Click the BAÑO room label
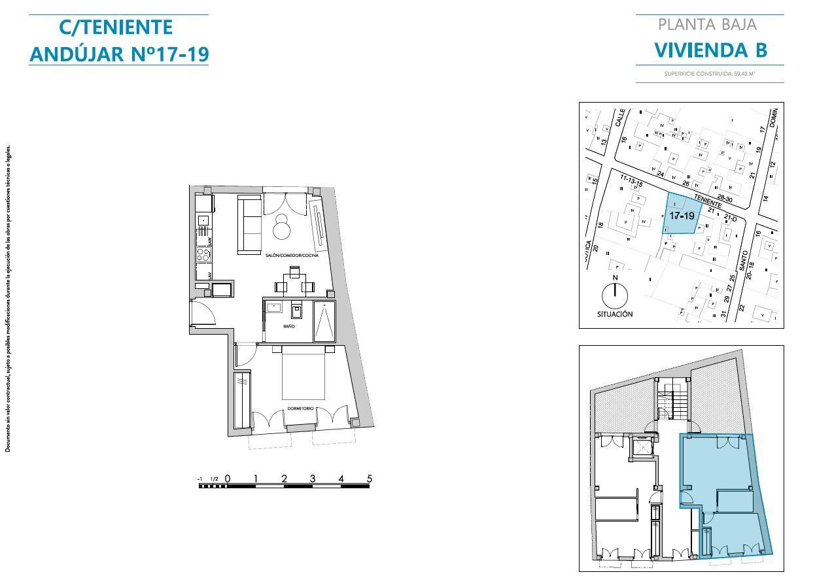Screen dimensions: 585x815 pyautogui.click(x=289, y=326)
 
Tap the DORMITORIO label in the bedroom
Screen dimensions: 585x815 pyautogui.click(x=300, y=409)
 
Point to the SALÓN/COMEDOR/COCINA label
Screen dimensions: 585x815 pyautogui.click(x=292, y=256)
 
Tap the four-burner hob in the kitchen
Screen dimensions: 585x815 pyautogui.click(x=203, y=255)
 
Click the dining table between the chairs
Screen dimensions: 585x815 pyautogui.click(x=295, y=286)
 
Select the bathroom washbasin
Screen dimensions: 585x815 pyautogui.click(x=273, y=307)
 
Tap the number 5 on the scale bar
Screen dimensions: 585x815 pyautogui.click(x=370, y=478)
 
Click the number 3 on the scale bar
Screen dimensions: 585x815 pyautogui.click(x=313, y=478)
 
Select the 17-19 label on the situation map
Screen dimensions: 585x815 pyautogui.click(x=682, y=215)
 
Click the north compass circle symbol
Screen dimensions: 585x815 pyautogui.click(x=615, y=296)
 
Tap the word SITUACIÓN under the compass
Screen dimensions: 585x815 pyautogui.click(x=615, y=314)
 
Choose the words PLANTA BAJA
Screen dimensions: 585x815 pyautogui.click(x=707, y=25)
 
